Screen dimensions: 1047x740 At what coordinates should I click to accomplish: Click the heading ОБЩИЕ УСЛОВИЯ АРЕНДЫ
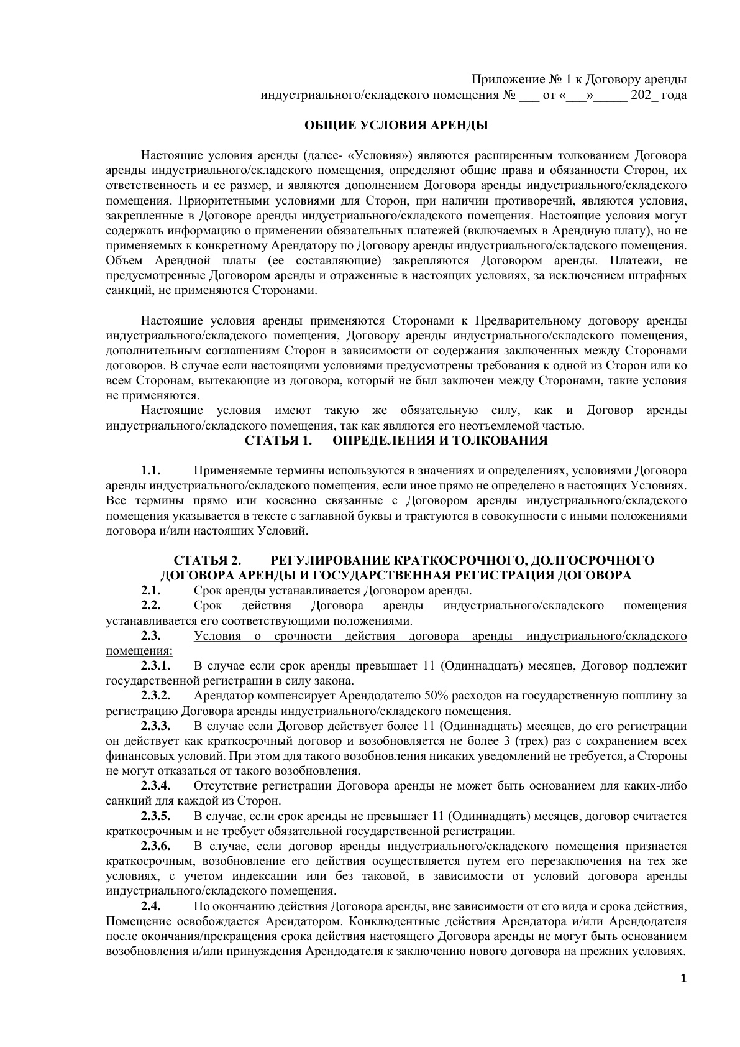396,126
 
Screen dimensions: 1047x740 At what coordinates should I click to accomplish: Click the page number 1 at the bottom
684,979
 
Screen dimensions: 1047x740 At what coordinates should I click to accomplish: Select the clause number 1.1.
151,471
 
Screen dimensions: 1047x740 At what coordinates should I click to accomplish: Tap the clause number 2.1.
151,591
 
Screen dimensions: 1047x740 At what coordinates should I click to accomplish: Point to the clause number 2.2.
151,606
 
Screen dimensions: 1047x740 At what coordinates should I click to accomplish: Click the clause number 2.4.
151,906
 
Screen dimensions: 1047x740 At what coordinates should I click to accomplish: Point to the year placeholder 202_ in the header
644,96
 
